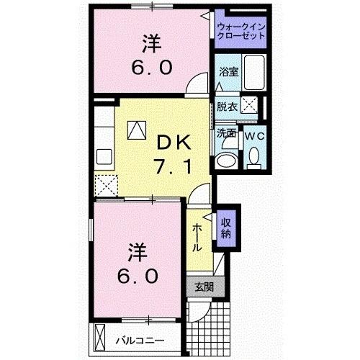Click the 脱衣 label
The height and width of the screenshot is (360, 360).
pyautogui.click(x=227, y=106)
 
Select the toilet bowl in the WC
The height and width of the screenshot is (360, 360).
pyautogui.click(x=254, y=156)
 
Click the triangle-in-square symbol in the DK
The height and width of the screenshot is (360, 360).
pyautogui.click(x=137, y=129)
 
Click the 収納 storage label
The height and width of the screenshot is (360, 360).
pyautogui.click(x=225, y=226)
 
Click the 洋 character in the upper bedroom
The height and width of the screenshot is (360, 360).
pyautogui.click(x=150, y=45)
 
